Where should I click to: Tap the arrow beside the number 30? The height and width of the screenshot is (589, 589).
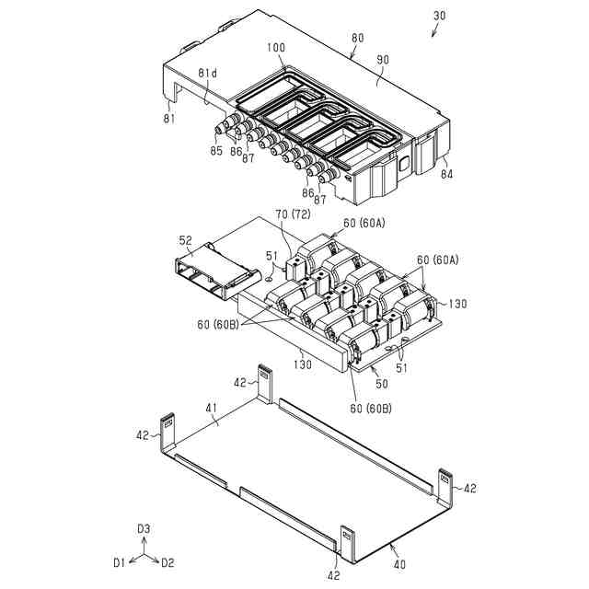point(437,32)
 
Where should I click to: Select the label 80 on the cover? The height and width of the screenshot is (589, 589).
point(357,39)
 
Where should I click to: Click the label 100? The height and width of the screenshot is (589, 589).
point(275,47)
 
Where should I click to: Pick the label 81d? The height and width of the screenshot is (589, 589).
point(208,73)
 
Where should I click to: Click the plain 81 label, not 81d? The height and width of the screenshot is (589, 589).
point(168,118)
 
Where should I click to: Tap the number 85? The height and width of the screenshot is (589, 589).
point(215,151)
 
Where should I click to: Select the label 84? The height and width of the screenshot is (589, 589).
point(445,172)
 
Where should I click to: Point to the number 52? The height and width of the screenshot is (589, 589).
point(186,241)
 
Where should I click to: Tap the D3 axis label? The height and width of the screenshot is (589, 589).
point(143,528)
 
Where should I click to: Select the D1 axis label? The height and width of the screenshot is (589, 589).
point(119,561)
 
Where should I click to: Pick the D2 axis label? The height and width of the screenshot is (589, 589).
point(167,561)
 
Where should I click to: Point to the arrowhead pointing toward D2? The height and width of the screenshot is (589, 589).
point(156,559)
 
